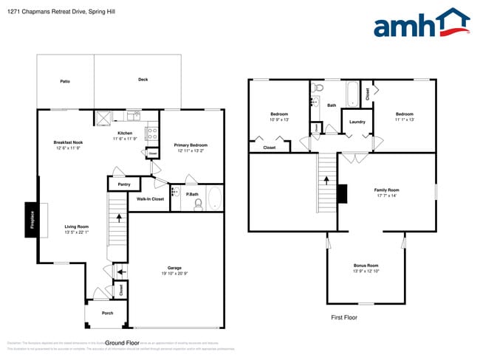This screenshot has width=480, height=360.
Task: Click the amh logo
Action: pos(421,24)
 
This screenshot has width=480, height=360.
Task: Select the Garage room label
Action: pos(174,268)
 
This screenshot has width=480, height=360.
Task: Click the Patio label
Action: pos(65,80)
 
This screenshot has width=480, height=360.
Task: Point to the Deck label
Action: pos(143,79)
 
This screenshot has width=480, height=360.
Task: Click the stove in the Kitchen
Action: pos(151,134)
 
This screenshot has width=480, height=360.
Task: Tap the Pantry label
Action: pos(123,184)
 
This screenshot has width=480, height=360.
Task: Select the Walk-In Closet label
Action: pos(150,199)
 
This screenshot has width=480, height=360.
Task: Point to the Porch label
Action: pos(107,314)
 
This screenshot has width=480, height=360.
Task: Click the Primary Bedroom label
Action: pos(191,145)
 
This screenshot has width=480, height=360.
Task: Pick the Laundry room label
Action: pos(357,122)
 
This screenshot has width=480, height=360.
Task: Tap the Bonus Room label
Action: pos(366,266)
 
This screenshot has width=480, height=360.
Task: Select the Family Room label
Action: pos(386,190)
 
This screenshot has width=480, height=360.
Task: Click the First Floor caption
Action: pos(343,317)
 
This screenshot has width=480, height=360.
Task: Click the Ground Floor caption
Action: pos(123,343)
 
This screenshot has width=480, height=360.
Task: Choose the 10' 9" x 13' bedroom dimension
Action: pos(279,120)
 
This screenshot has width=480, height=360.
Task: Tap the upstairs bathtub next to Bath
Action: pos(353,94)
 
